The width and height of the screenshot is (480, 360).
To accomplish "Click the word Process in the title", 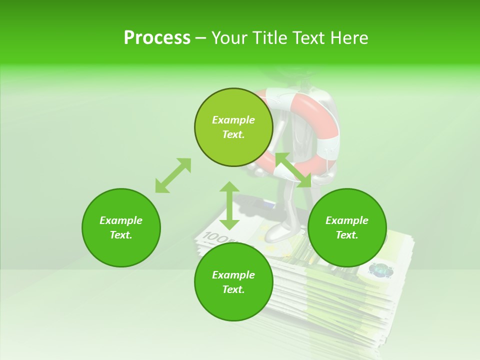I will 157,38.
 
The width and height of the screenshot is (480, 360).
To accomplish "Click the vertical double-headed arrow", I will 229,205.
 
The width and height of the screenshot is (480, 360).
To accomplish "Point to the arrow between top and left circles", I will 173,175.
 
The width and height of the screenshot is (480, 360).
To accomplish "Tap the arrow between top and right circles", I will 293,170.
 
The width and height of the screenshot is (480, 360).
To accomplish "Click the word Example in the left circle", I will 121,220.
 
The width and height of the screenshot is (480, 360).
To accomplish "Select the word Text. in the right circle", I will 347,235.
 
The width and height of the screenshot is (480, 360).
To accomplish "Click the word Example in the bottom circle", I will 233,275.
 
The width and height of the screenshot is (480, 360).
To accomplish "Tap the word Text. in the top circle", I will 233,134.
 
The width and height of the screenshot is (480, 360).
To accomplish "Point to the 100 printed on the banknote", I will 215,236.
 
